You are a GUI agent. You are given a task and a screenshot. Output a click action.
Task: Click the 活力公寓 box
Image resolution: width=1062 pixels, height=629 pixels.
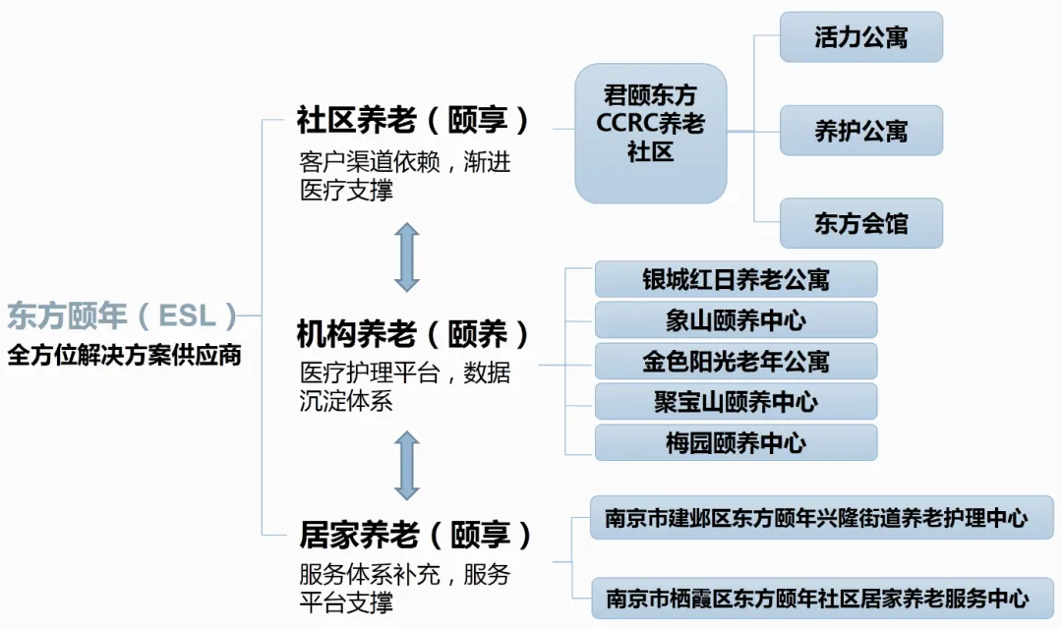(x=861, y=37)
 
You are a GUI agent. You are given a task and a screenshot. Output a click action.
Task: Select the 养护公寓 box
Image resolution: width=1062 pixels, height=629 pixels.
(x=861, y=131)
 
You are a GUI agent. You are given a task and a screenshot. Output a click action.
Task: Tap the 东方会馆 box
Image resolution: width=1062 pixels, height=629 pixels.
(x=861, y=223)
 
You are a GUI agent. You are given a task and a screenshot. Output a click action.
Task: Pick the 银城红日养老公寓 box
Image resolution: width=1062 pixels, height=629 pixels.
(x=736, y=279)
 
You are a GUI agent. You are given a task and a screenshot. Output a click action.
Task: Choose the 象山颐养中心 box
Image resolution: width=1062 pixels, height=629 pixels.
(x=736, y=320)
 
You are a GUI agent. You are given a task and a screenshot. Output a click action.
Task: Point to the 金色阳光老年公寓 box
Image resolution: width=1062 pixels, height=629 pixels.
(x=736, y=362)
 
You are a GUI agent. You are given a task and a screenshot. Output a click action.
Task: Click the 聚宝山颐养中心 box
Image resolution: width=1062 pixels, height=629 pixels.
(x=736, y=402)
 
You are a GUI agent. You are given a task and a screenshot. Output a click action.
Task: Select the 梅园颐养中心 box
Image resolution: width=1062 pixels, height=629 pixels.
(x=736, y=443)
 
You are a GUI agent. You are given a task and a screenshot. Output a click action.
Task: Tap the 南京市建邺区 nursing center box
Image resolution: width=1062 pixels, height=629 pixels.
(x=821, y=518)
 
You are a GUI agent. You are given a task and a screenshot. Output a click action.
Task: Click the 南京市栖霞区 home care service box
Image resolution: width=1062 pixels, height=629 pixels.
(x=821, y=598)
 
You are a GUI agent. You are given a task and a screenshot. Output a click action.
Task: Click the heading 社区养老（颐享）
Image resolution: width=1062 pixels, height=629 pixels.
(x=413, y=121)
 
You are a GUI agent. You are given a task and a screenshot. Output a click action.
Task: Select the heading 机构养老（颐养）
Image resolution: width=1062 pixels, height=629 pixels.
(x=413, y=335)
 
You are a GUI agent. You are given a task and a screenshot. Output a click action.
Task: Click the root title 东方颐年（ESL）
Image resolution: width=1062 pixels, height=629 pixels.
(x=123, y=315)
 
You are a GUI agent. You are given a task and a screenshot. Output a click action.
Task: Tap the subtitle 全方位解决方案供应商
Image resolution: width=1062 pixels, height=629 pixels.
(x=124, y=355)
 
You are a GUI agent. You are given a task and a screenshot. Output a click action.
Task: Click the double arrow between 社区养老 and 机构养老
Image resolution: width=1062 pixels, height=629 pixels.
(x=407, y=257)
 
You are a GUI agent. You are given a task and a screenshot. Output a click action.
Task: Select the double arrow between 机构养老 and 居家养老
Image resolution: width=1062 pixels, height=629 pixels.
(x=407, y=465)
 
